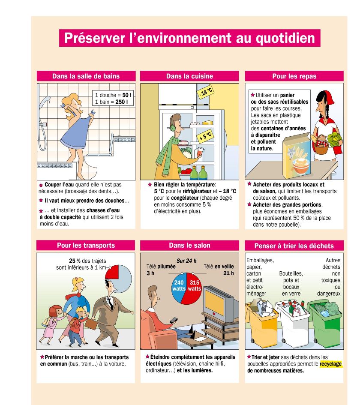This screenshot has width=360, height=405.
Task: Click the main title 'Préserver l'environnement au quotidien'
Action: point(189,38)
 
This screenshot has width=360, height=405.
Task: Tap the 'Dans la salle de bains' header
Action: point(86,76)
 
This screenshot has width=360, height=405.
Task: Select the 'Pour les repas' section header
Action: point(294,76)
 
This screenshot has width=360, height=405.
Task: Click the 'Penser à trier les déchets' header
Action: point(294,246)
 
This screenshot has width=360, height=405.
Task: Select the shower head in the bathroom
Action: point(45,101)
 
